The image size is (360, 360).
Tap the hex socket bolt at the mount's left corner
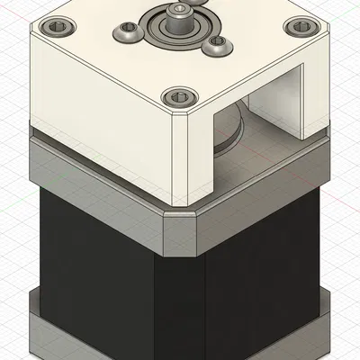click(60, 27)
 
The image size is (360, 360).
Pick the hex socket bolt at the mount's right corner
click(293, 26)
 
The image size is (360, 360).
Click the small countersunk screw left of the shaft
click(127, 35)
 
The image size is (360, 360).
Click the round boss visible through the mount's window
click(228, 126)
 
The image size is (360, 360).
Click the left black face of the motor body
click(90, 261)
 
